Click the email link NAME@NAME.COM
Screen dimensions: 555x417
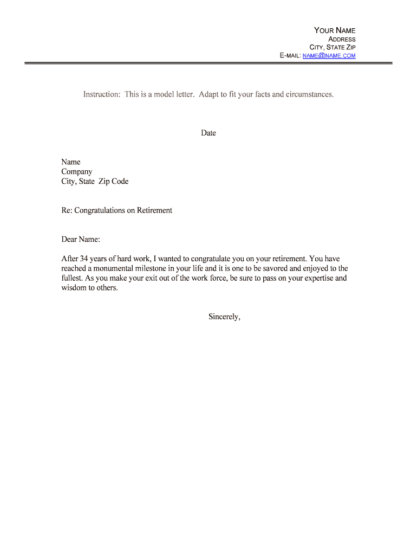(x=329, y=56)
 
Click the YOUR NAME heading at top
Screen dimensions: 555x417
(x=335, y=30)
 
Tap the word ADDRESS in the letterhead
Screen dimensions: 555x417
(x=342, y=39)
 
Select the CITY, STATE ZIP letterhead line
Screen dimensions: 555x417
(x=333, y=48)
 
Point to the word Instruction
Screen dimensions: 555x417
(x=101, y=94)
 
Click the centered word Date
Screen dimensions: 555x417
(x=208, y=133)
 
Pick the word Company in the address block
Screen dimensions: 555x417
(x=77, y=172)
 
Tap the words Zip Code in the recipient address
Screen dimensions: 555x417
(x=113, y=182)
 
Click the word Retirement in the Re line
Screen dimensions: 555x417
(x=154, y=210)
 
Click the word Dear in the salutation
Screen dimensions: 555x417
(x=69, y=240)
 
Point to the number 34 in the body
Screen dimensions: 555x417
(x=84, y=259)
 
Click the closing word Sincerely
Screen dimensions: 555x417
(x=224, y=317)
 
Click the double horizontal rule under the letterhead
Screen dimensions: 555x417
(x=208, y=63)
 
